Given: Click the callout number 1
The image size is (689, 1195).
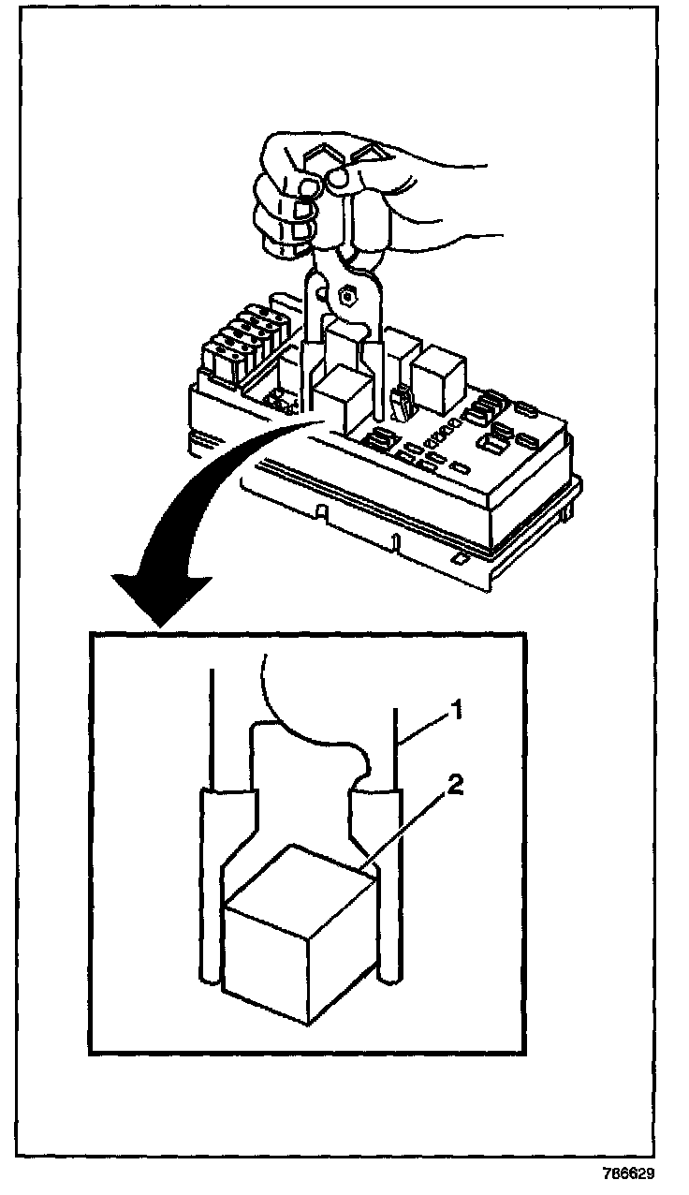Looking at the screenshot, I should pos(457,713).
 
